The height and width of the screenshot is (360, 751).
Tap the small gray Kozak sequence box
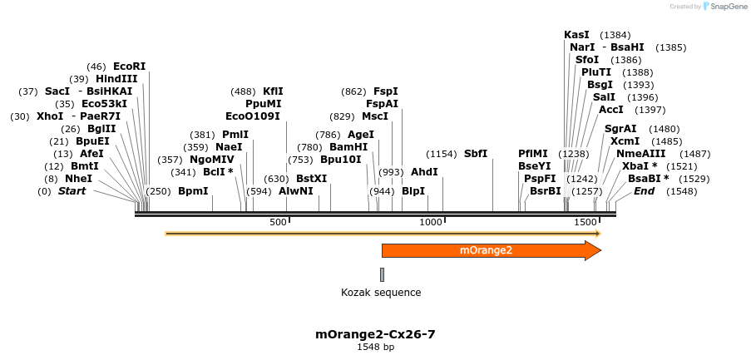click(x=383, y=274)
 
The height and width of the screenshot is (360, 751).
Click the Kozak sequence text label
click(x=381, y=293)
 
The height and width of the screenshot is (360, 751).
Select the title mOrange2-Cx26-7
click(x=375, y=334)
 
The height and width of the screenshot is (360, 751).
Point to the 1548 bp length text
click(x=375, y=348)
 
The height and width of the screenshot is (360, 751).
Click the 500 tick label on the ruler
click(x=278, y=222)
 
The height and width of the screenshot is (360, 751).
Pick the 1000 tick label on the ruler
click(x=430, y=222)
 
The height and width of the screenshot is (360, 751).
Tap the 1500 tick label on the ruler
click(x=585, y=222)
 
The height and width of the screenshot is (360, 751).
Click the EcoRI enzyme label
click(x=129, y=67)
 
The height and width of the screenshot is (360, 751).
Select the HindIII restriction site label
click(x=116, y=79)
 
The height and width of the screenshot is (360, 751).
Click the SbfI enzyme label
click(x=476, y=154)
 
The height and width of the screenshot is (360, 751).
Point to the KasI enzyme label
click(x=576, y=35)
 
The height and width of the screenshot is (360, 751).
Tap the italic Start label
click(x=72, y=191)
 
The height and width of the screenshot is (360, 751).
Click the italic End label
click(x=645, y=191)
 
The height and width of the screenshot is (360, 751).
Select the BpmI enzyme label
click(x=193, y=191)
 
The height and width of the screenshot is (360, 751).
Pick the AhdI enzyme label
click(x=424, y=172)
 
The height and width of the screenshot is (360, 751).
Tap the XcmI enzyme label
click(x=625, y=141)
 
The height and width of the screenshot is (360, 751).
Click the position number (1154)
click(x=442, y=154)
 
